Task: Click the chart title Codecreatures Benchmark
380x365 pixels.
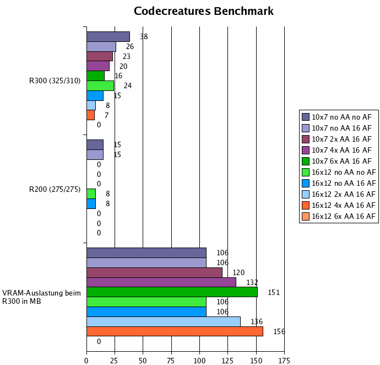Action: pos(204,12)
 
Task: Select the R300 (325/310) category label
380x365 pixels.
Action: pos(55,81)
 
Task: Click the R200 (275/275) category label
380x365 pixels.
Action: pos(55,190)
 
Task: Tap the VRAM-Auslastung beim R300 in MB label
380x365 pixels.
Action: pos(42,297)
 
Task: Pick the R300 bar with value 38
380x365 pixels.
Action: pos(108,36)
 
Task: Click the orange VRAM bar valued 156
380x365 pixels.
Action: pos(175,331)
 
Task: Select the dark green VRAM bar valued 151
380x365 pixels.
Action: pos(172,292)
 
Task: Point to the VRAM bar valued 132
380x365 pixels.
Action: pos(161,282)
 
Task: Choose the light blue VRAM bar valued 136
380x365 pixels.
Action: pos(163,321)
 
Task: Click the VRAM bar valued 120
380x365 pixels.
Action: pos(154,272)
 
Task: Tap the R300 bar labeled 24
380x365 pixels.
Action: pos(100,85)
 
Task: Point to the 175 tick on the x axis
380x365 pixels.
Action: pos(284,361)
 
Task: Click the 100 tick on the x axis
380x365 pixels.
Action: pos(199,361)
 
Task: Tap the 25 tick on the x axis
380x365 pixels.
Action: pos(115,361)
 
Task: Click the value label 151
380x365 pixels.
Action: pos(274,292)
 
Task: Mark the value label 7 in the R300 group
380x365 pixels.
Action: pos(106,115)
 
